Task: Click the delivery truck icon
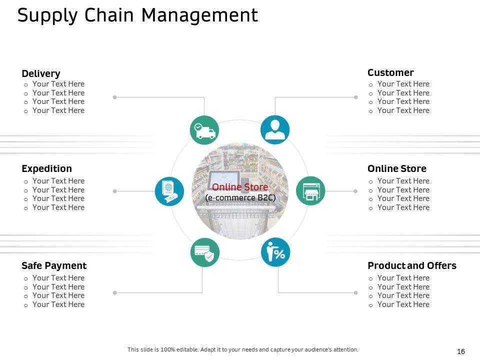pyautogui.click(x=204, y=130)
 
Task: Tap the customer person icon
pyautogui.click(x=275, y=130)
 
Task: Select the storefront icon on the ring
pyautogui.click(x=310, y=190)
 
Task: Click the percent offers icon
pyautogui.click(x=275, y=252)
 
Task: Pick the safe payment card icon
pyautogui.click(x=204, y=252)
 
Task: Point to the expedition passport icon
pyautogui.click(x=169, y=191)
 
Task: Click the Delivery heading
pyautogui.click(x=41, y=74)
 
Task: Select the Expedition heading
pyautogui.click(x=46, y=168)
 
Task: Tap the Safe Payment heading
pyautogui.click(x=54, y=265)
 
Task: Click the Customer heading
pyautogui.click(x=390, y=72)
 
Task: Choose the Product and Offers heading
pyautogui.click(x=412, y=265)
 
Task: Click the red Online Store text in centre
pyautogui.click(x=240, y=187)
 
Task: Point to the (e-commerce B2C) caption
pyautogui.click(x=240, y=197)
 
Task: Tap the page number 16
pyautogui.click(x=461, y=352)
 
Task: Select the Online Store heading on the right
pyautogui.click(x=397, y=168)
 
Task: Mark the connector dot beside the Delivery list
pyautogui.click(x=114, y=97)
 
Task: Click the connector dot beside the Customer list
pyautogui.click(x=356, y=97)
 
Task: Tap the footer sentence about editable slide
pyautogui.click(x=243, y=349)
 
